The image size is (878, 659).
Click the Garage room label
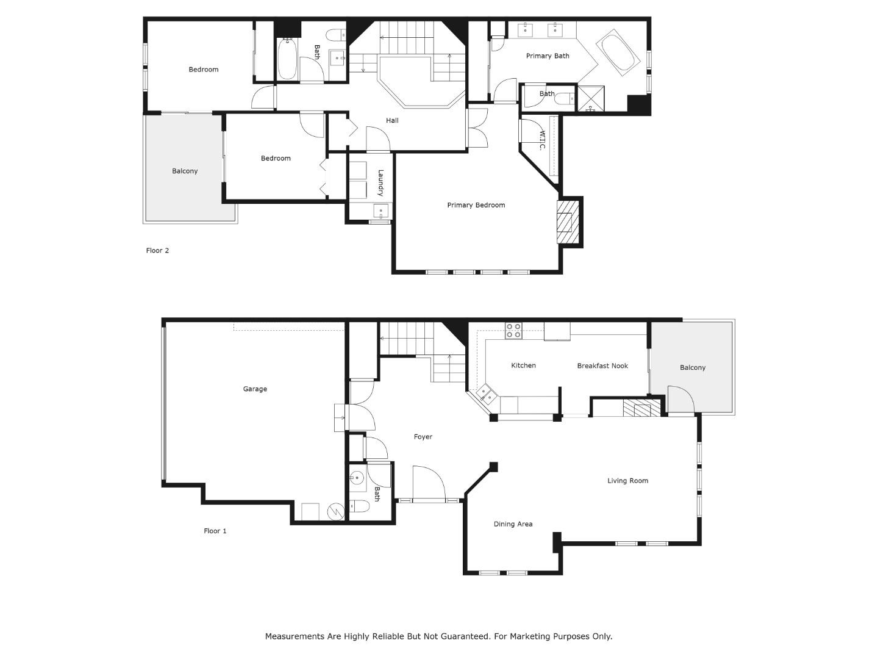[x=255, y=389]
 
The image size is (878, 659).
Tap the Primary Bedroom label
[x=476, y=205]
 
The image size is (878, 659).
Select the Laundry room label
[x=380, y=183]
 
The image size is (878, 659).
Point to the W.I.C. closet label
[x=542, y=140]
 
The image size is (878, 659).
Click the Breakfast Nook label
[x=602, y=366]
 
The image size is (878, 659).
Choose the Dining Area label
[x=513, y=524]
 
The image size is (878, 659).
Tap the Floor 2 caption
[x=157, y=250]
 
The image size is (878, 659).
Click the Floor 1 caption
[x=215, y=531]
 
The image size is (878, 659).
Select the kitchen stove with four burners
[x=513, y=331]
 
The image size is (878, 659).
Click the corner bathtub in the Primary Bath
[x=618, y=52]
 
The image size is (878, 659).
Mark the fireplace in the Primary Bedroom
[x=568, y=221]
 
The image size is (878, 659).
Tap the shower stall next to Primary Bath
[x=591, y=98]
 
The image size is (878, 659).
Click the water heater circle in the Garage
[x=335, y=512]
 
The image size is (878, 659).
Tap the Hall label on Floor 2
[x=392, y=120]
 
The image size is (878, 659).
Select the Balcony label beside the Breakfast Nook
[x=693, y=368]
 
